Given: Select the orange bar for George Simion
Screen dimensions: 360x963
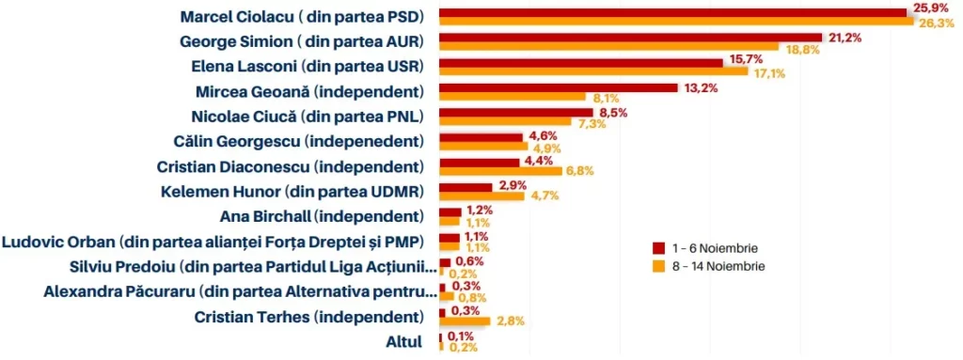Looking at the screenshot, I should tap(608, 48).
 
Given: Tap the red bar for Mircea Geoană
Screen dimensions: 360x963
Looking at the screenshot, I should tap(558, 87).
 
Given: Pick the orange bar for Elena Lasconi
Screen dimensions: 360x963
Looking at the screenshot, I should tap(592, 72).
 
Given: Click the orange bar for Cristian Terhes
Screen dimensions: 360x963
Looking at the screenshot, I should tap(464, 321).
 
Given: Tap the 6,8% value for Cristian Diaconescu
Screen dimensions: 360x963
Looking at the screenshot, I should tap(580, 172).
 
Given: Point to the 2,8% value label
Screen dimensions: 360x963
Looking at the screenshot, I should tap(510, 321).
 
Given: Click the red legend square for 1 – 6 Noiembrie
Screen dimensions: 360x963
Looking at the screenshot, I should tap(658, 247).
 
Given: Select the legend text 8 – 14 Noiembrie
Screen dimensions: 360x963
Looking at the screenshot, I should tap(720, 267).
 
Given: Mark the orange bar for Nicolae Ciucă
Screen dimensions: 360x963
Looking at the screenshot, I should tap(504, 122).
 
